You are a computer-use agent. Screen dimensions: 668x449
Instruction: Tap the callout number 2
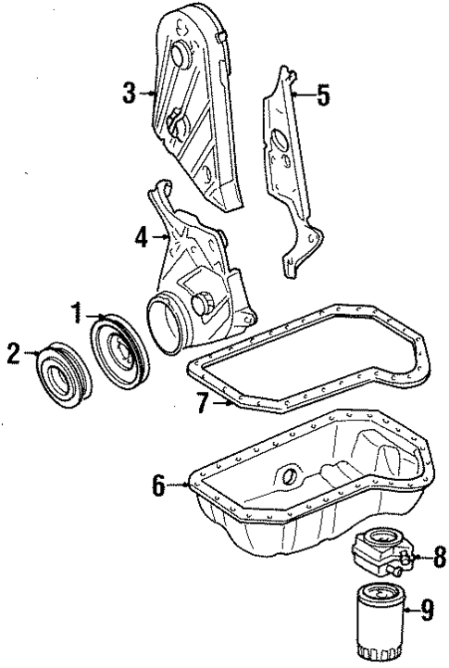[12, 353]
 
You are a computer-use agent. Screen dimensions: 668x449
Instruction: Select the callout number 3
[130, 93]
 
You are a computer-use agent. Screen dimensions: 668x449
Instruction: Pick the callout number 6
[159, 484]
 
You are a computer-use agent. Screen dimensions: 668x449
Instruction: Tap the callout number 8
[439, 557]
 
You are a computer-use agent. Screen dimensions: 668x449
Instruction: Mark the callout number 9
[426, 609]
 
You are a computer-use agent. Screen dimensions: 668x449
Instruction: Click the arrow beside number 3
[148, 93]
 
